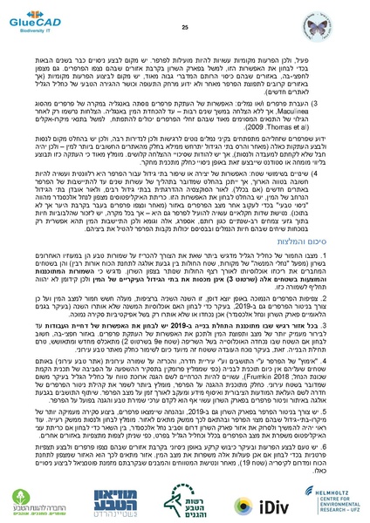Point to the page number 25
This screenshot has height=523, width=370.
tap(185, 9)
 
